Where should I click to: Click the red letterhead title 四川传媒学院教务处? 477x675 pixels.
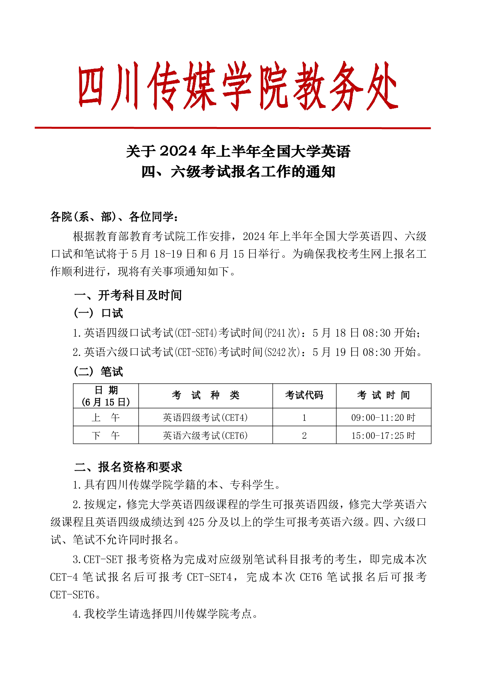point(238,86)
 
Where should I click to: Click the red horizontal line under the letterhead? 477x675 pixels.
point(232,128)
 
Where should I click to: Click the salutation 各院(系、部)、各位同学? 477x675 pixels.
point(114,217)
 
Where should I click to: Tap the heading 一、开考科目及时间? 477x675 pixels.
point(128,295)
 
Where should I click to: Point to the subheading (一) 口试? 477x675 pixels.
point(98,313)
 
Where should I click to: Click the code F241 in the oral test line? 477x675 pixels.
point(276,333)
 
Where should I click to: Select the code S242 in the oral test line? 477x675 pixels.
point(276,352)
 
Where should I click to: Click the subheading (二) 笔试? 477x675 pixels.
point(98,372)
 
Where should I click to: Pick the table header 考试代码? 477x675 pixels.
point(304,396)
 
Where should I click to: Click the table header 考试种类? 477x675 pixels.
point(205,396)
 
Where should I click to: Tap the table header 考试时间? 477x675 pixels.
point(383,396)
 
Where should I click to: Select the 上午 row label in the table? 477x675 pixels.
point(106,418)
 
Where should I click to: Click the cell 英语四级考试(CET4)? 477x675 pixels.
point(205,418)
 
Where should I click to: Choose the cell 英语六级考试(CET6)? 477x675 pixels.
point(205,436)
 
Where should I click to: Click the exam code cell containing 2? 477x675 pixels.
point(304,436)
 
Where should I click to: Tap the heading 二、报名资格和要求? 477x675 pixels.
point(128,467)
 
